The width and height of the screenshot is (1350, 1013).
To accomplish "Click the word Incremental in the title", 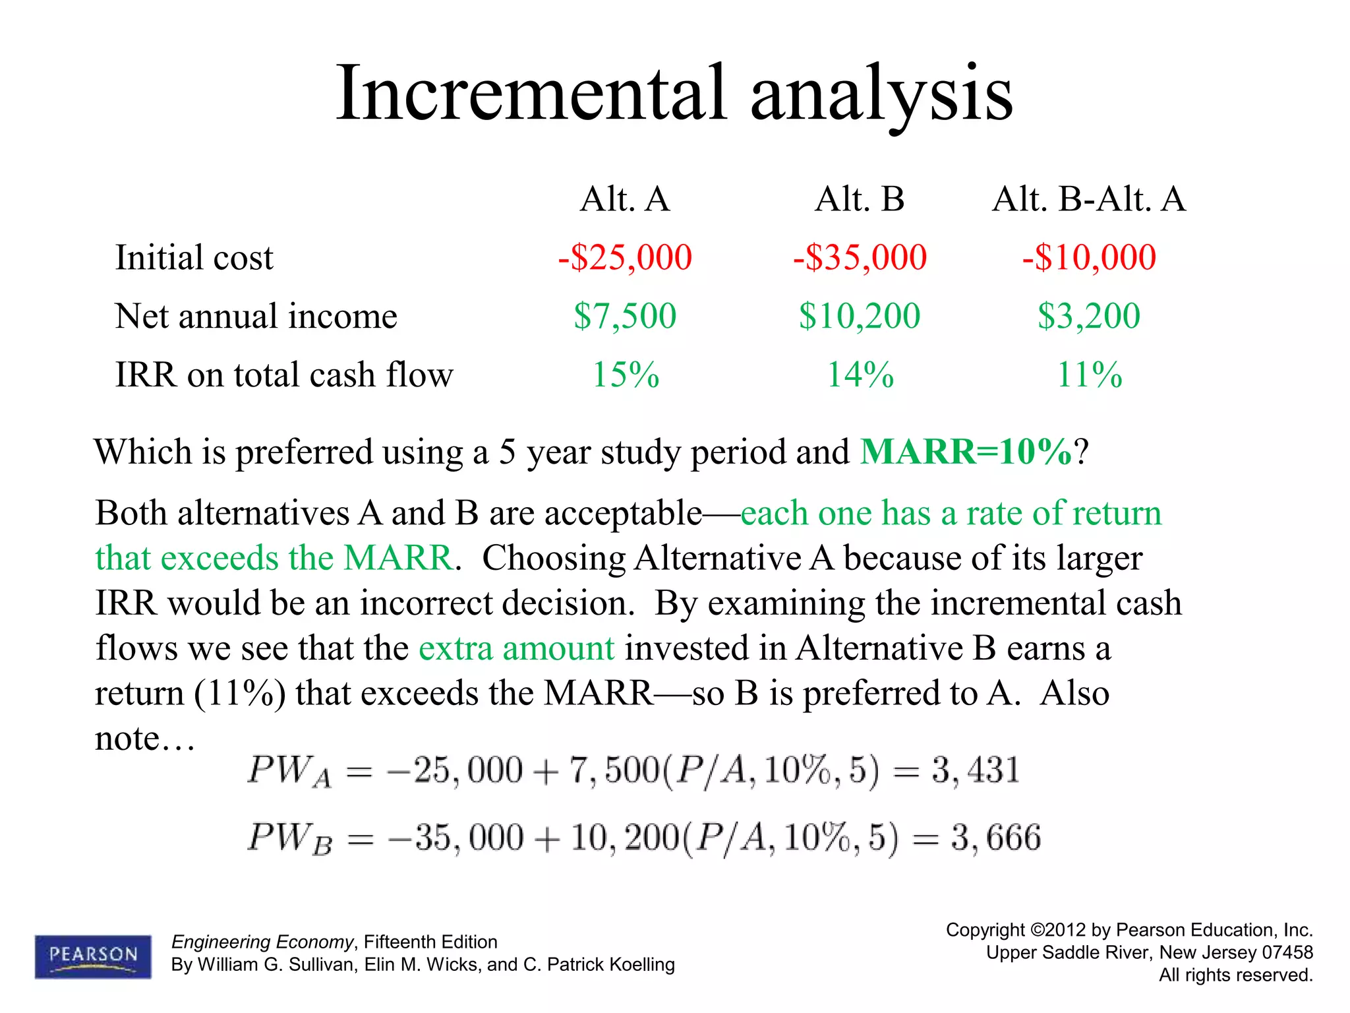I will [x=531, y=94].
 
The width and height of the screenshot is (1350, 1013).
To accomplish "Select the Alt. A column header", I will [x=625, y=199].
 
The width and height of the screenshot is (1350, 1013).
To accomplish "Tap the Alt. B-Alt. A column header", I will [x=1089, y=199].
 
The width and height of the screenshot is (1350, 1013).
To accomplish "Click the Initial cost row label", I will [x=194, y=257].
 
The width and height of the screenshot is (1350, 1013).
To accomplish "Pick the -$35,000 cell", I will [x=860, y=257].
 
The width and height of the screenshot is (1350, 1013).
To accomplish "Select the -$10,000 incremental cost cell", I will [x=1089, y=257].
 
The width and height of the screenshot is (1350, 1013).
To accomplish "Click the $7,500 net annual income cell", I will [x=625, y=316].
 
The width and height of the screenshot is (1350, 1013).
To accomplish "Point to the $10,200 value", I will [x=860, y=316].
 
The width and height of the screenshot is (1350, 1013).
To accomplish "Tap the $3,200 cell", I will [x=1089, y=316].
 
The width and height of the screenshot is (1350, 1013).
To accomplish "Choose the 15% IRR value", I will [x=625, y=375].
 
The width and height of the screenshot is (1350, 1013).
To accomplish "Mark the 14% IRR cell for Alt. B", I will [x=860, y=375].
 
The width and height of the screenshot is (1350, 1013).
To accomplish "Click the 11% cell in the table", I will [x=1089, y=375].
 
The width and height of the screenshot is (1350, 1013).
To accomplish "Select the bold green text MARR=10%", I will [x=966, y=452].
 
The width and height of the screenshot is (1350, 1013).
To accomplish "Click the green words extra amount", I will [x=516, y=648].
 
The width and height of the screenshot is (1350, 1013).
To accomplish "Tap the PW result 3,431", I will [x=976, y=770].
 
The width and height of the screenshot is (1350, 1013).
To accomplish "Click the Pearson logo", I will [x=93, y=956].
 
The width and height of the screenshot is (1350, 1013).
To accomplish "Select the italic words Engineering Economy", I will [x=262, y=942].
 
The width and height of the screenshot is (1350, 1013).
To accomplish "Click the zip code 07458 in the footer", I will [x=1287, y=952].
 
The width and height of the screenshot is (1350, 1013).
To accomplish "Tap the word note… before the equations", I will [x=144, y=739].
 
